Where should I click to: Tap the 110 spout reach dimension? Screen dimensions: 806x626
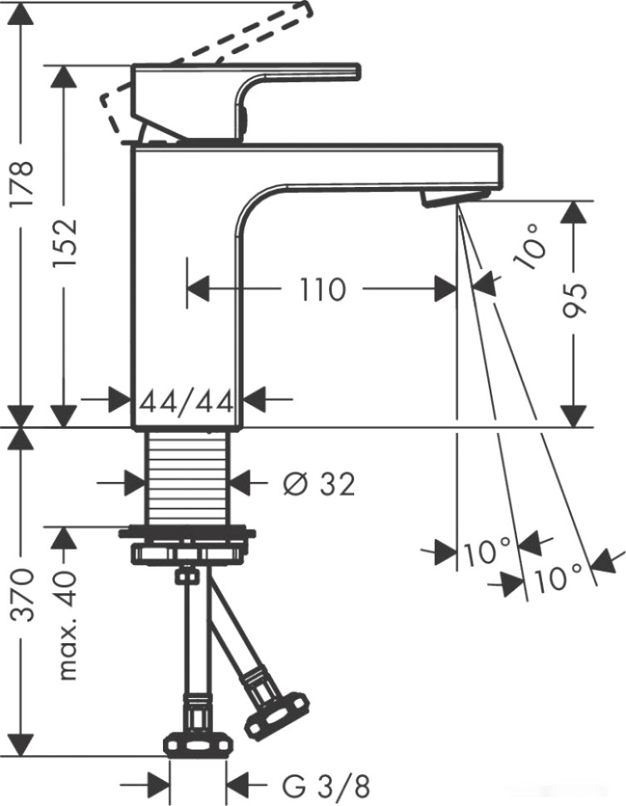(322, 290)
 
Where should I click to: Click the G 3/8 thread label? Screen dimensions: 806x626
(315, 784)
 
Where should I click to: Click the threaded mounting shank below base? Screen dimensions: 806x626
(186, 477)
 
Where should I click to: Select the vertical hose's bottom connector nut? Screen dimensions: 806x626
(197, 745)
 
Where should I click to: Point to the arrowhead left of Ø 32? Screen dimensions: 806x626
(132, 481)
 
